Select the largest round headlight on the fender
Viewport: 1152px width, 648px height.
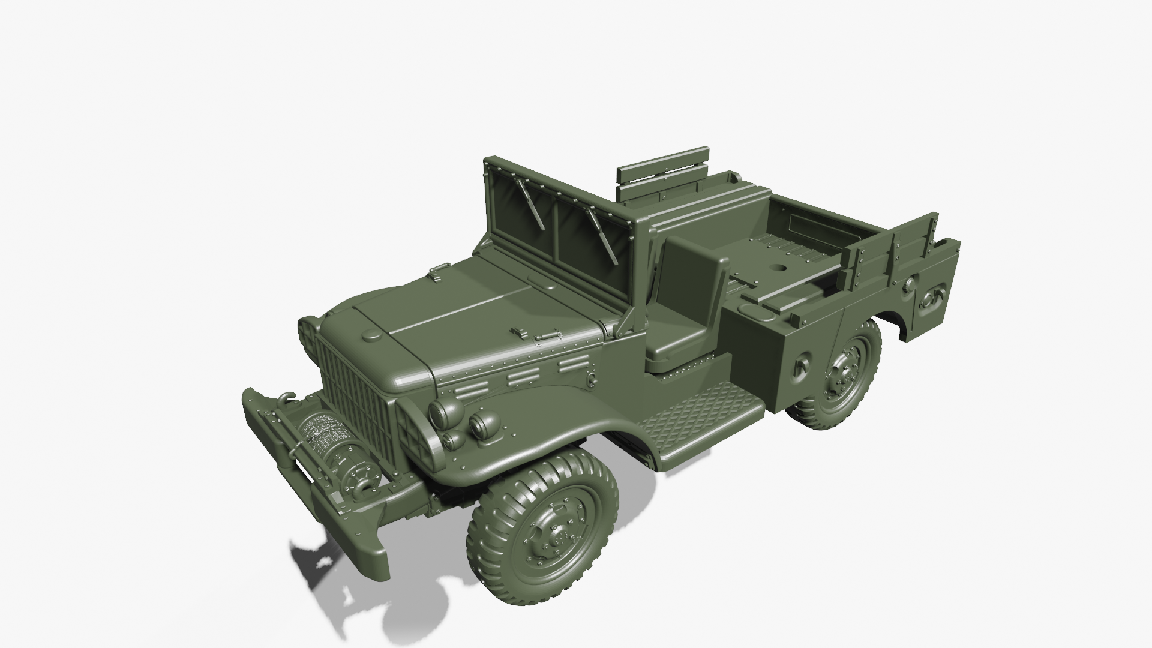pyautogui.click(x=446, y=412)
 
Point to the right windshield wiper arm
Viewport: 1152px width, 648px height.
pyautogui.click(x=603, y=237)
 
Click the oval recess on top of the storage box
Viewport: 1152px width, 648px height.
pyautogui.click(x=757, y=311)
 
